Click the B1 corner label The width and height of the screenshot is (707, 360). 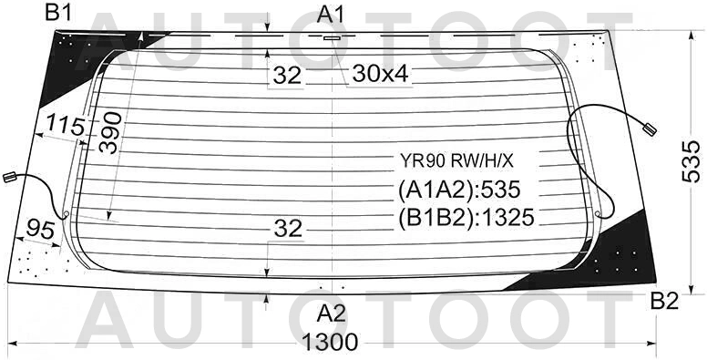click(x=58, y=14)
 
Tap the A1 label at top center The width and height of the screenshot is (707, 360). click(x=331, y=15)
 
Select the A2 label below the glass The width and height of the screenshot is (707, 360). click(x=331, y=314)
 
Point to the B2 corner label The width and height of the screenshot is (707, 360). click(x=664, y=302)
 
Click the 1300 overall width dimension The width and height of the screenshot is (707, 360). click(x=331, y=342)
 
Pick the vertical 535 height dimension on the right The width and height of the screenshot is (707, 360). click(x=691, y=161)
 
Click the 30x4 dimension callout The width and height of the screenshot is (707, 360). click(x=380, y=74)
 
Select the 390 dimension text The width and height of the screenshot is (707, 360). click(x=110, y=133)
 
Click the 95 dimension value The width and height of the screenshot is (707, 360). click(x=41, y=229)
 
